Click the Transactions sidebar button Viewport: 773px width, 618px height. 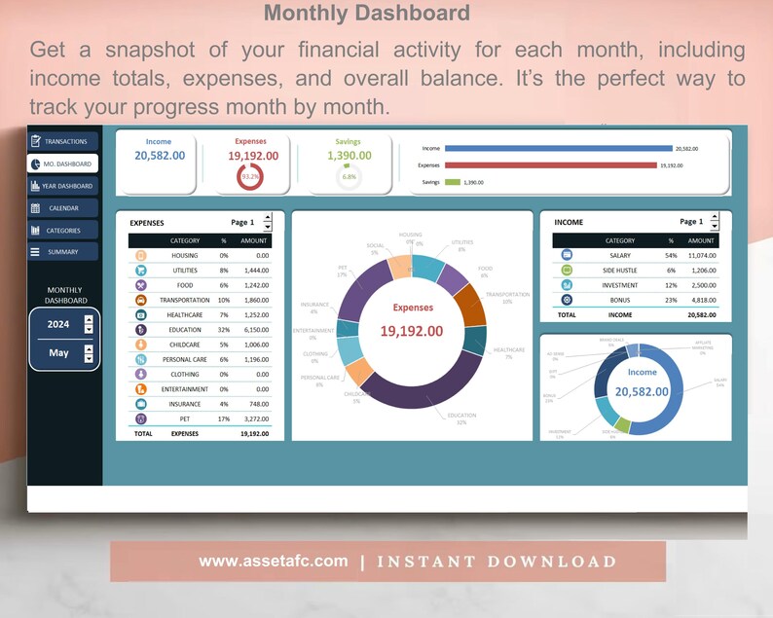pyautogui.click(x=62, y=141)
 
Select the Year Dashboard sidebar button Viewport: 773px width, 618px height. pyautogui.click(x=62, y=186)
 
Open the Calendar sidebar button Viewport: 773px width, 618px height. pyautogui.click(x=62, y=208)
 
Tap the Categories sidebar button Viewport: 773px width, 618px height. pyautogui.click(x=62, y=231)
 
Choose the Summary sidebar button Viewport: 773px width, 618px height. pyautogui.click(x=62, y=252)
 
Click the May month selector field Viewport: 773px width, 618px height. pyautogui.click(x=58, y=352)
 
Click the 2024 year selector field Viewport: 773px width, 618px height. pyautogui.click(x=58, y=324)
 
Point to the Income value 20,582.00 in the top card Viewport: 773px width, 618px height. pyautogui.click(x=160, y=156)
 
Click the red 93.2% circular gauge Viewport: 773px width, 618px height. pyautogui.click(x=250, y=176)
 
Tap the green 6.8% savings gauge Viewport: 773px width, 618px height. pyautogui.click(x=349, y=176)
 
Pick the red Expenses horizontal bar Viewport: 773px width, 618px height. pyautogui.click(x=550, y=165)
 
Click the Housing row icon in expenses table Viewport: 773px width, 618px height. pyautogui.click(x=141, y=256)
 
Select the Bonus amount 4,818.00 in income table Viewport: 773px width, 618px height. pyautogui.click(x=701, y=300)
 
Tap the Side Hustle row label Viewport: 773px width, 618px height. pyautogui.click(x=620, y=271)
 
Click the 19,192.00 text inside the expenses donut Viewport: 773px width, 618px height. pyautogui.click(x=411, y=331)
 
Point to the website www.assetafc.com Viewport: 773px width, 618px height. pyautogui.click(x=273, y=562)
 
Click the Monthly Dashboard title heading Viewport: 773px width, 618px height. pyautogui.click(x=367, y=14)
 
